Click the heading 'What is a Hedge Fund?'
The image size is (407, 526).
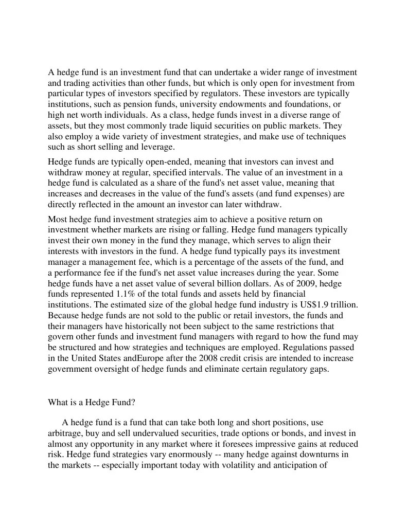tap(92, 402)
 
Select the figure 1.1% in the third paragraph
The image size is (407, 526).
tap(122, 294)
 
